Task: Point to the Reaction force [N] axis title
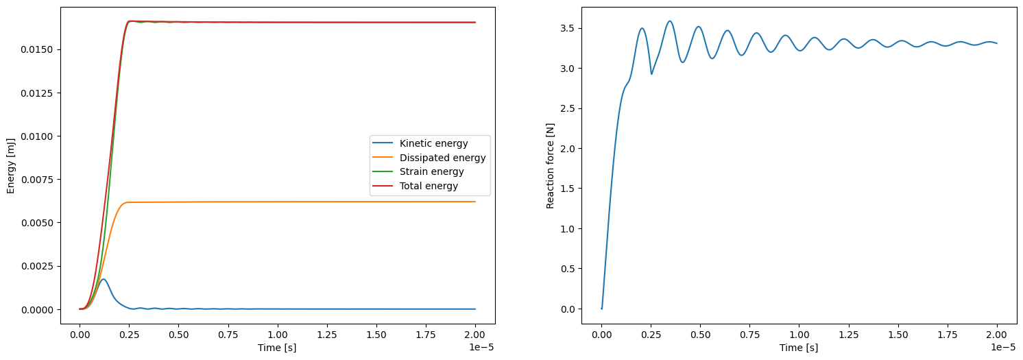tap(550, 165)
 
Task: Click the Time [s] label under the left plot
tap(277, 348)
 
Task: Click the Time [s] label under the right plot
tap(799, 348)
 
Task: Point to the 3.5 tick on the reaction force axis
tap(567, 29)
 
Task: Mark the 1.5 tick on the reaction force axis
tap(567, 189)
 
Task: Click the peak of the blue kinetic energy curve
tap(103, 279)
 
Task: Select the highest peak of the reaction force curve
tap(670, 21)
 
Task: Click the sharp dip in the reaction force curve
tap(651, 74)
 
